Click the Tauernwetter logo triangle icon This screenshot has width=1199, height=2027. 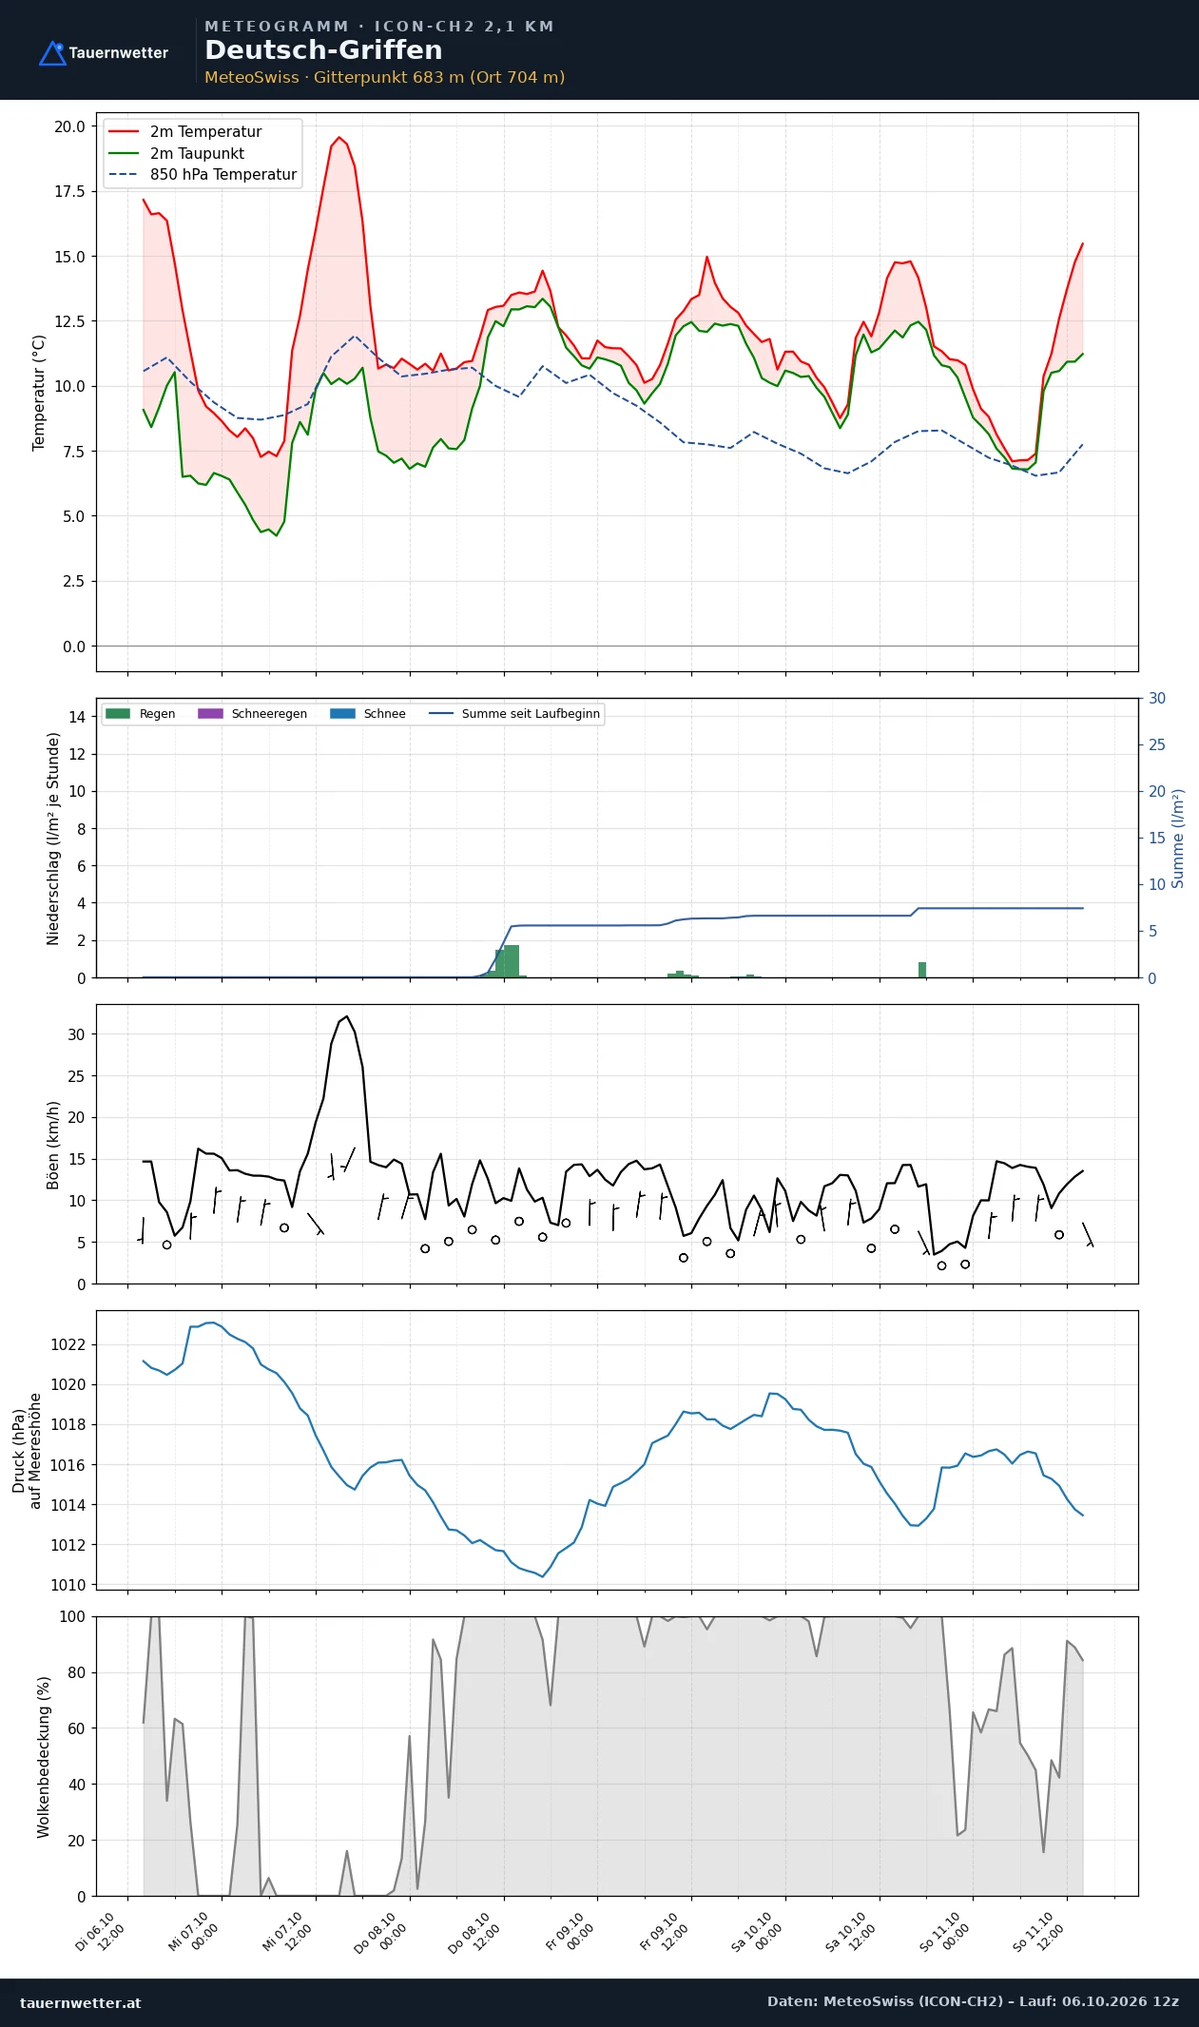[x=52, y=53]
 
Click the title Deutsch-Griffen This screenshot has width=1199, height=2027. [x=323, y=50]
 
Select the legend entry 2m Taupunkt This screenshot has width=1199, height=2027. [x=197, y=153]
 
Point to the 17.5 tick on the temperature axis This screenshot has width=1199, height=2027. [x=69, y=192]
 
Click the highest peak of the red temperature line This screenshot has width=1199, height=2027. [x=339, y=137]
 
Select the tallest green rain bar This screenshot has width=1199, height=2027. [x=512, y=961]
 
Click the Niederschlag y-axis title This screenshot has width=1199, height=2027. [x=53, y=838]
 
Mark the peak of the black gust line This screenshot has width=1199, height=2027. [x=347, y=1016]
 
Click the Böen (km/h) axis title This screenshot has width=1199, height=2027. [x=53, y=1145]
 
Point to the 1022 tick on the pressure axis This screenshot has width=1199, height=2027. [x=68, y=1344]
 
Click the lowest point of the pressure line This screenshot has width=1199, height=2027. [x=543, y=1576]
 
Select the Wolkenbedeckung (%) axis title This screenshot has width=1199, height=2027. [x=43, y=1757]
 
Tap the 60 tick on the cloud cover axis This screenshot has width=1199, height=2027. [x=77, y=1728]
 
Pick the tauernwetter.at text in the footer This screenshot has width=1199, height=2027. [x=81, y=2002]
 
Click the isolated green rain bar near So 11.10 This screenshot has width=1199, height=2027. [x=922, y=970]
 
